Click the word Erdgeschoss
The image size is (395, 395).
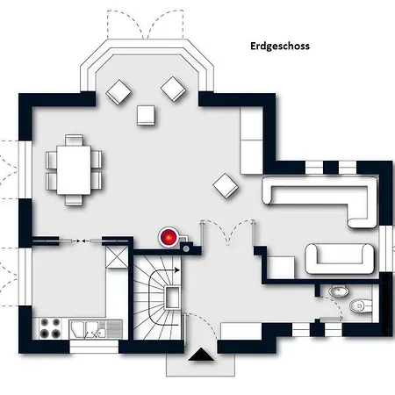pos(280,47)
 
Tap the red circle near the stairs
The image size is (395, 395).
pos(169,237)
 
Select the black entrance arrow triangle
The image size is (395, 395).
pos(201,355)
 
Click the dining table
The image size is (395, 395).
pos(74,170)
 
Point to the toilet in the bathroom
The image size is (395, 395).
pos(361,305)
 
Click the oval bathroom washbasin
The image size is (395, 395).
pos(339,291)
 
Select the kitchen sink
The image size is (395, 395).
pos(96,329)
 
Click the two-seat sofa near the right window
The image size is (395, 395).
pos(340,259)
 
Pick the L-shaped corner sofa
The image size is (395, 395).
pos(319,199)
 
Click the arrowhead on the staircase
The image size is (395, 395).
pos(177,270)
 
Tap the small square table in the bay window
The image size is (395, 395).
pos(146,115)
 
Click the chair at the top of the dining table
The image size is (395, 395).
pos(74,140)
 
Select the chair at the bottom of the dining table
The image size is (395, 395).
pos(74,200)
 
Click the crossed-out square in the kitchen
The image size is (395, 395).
pos(117,256)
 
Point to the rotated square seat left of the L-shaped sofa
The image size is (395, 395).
pos(226,186)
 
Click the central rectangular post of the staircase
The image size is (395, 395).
pos(173,298)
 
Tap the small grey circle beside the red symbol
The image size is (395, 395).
pos(186,249)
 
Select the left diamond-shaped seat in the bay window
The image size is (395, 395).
pos(118,92)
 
